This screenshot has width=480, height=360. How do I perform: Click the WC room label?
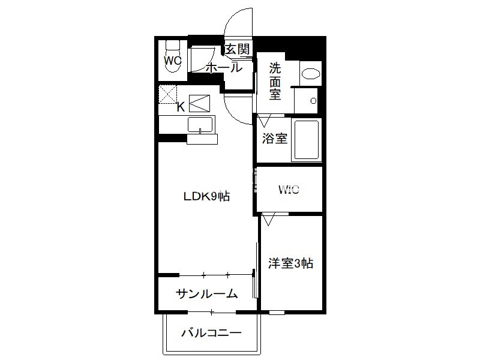tap(173, 61)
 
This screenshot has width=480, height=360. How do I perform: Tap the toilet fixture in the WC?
tap(173, 56)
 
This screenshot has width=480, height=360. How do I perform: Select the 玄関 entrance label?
tap(237, 49)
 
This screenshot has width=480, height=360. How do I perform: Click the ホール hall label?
tap(224, 68)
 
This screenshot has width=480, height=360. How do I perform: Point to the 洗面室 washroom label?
tap(275, 81)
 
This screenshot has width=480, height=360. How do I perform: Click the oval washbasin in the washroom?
tap(311, 74)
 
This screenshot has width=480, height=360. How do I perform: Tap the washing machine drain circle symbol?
tap(313, 100)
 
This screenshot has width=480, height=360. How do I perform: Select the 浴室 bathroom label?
tap(275, 139)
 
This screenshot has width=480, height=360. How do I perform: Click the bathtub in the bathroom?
tap(307, 140)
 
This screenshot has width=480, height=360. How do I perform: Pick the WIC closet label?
tap(289, 190)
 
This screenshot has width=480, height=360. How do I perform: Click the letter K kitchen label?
tap(181, 107)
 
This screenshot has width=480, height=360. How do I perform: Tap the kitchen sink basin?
tap(200, 125)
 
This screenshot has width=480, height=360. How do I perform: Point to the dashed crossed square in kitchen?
tap(168, 94)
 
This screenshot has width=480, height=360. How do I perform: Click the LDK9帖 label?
tap(206, 196)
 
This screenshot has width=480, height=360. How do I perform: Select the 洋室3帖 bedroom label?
tap(290, 263)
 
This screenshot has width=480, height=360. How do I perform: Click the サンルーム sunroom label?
tap(206, 294)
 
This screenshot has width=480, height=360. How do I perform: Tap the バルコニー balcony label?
tap(212, 333)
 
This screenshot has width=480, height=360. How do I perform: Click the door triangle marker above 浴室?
tap(264, 121)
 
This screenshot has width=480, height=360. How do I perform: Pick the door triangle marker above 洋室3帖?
tap(268, 220)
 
